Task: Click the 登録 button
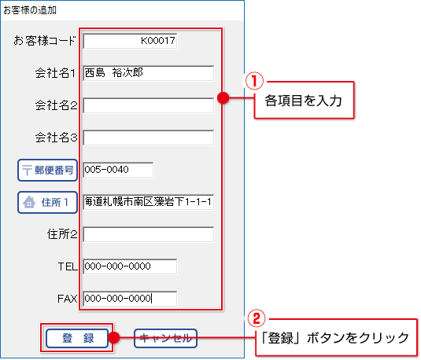tap(77, 338)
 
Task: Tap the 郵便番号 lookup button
tap(47, 170)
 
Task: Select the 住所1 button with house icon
tap(47, 202)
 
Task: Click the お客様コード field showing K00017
tap(130, 41)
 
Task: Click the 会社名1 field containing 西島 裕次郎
tap(149, 73)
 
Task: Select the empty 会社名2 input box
tap(149, 105)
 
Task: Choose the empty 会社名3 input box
tap(149, 138)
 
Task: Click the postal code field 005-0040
tap(118, 170)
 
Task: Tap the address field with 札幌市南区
tap(149, 202)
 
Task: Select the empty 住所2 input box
tap(149, 234)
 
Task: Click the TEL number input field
tap(130, 266)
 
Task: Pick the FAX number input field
tap(130, 299)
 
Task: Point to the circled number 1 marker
tap(254, 81)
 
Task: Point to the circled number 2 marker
tap(257, 318)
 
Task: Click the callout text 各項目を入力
tap(304, 101)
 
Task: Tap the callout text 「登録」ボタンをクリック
tap(334, 338)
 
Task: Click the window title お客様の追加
tap(30, 10)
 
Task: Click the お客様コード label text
tap(45, 41)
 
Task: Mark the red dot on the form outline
tap(223, 98)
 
